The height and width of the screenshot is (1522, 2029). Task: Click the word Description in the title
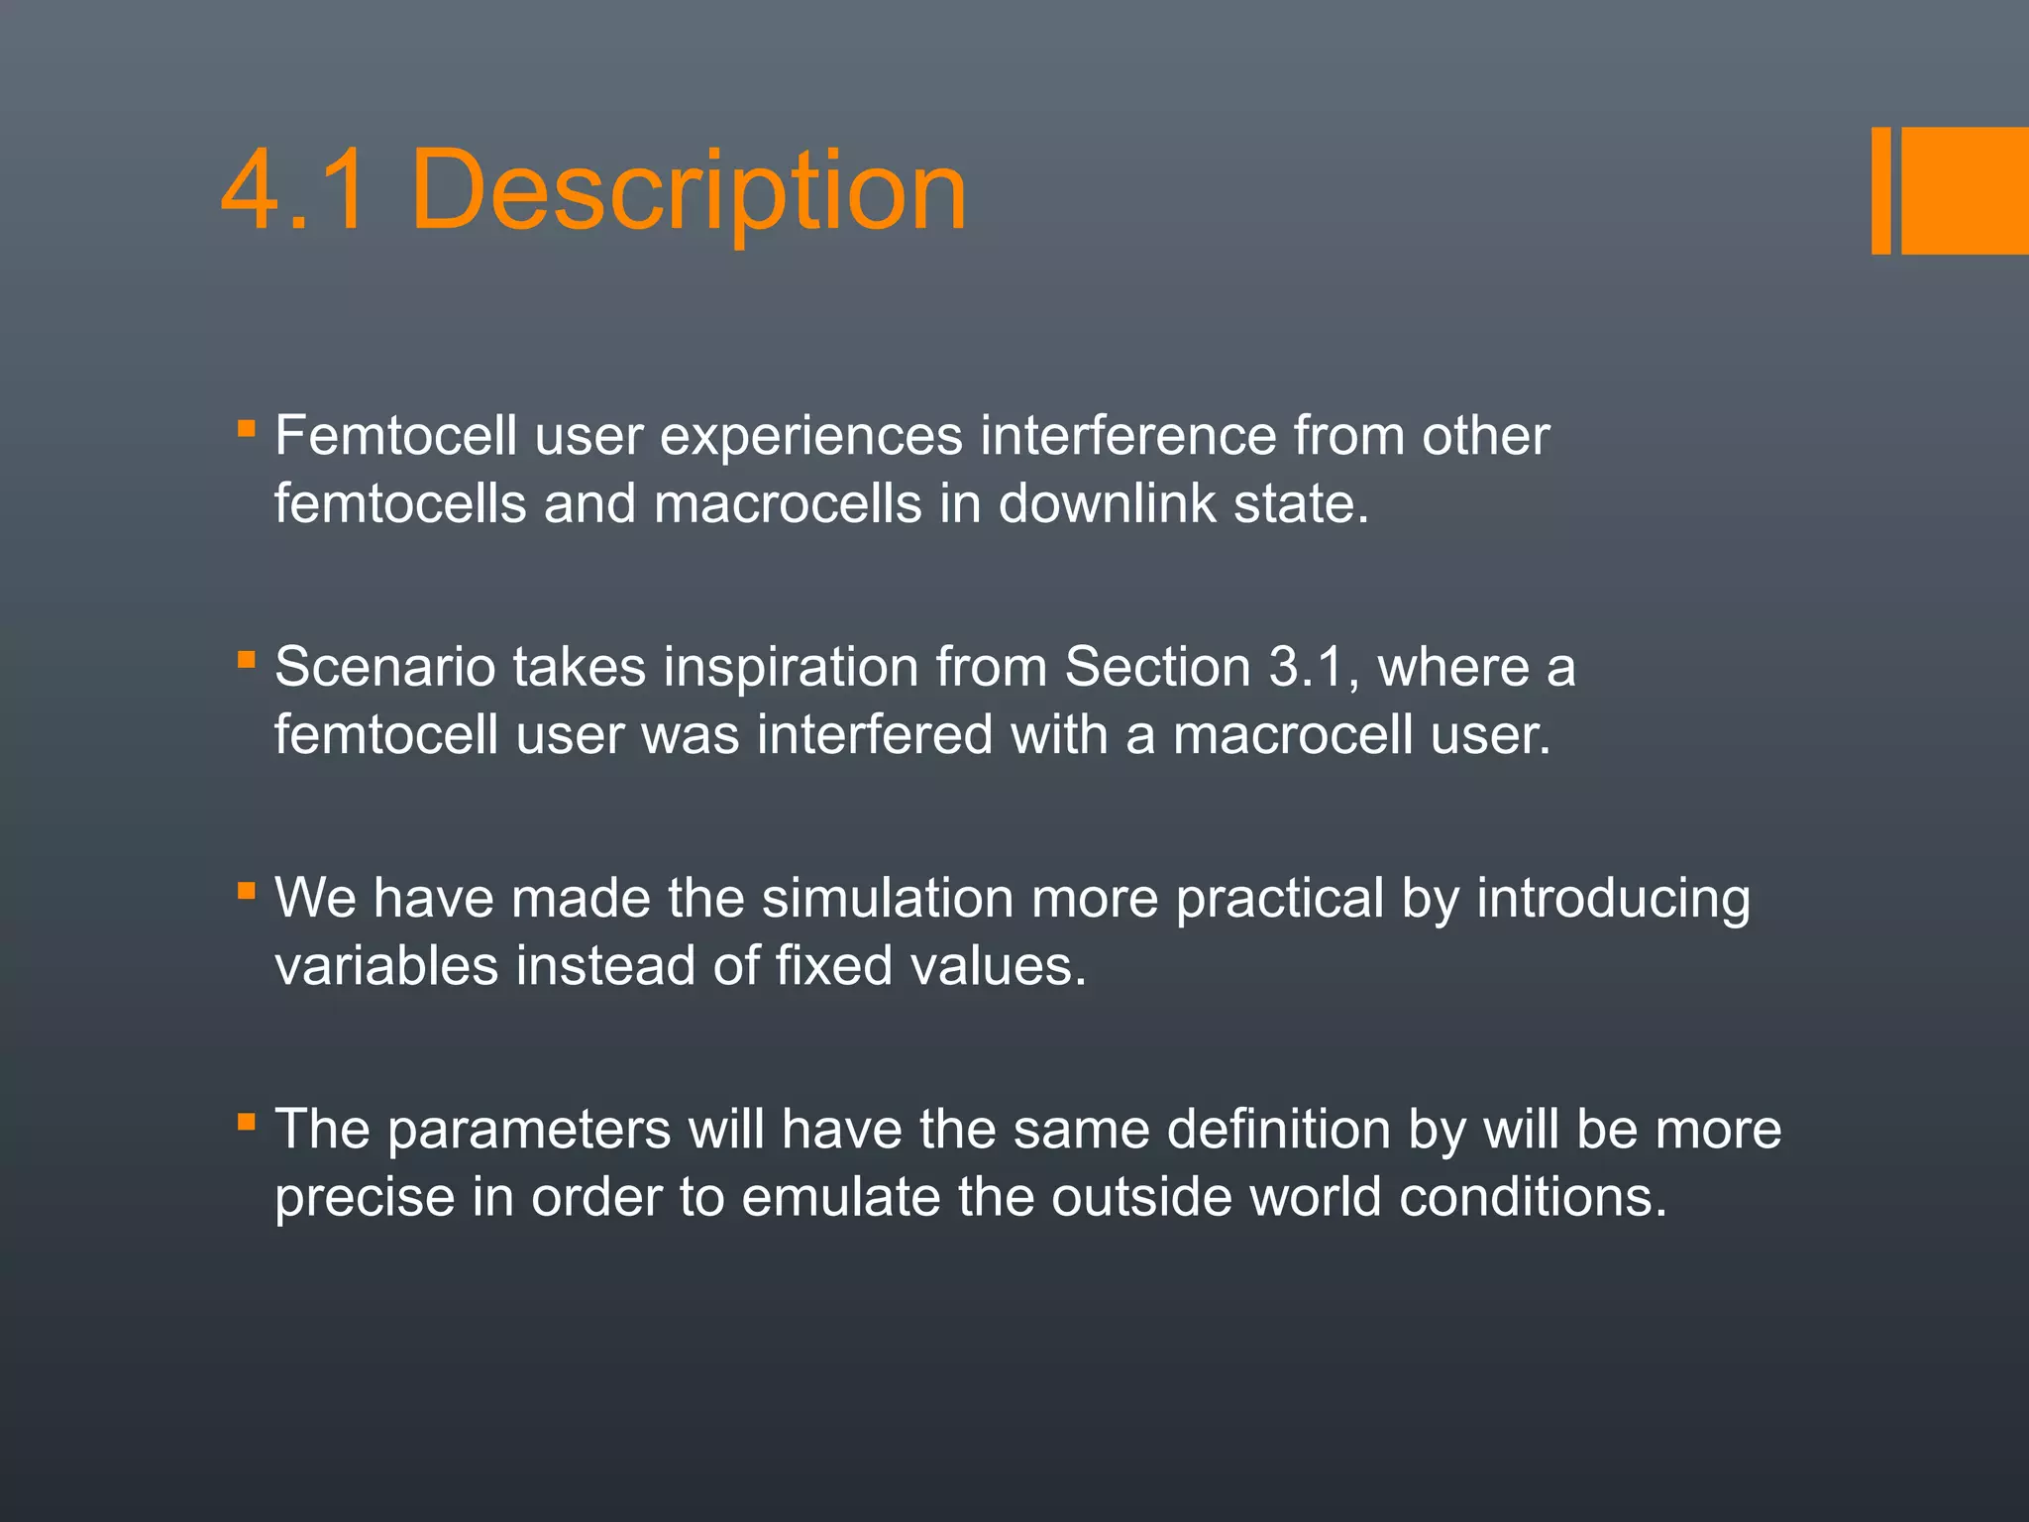click(x=688, y=190)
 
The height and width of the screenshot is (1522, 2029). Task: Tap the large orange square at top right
click(x=1965, y=190)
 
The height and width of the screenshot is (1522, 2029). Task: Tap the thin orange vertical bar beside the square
click(x=1880, y=190)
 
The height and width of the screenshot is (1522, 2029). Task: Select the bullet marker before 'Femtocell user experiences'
click(x=247, y=429)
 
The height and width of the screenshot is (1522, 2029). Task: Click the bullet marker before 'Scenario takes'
click(x=247, y=660)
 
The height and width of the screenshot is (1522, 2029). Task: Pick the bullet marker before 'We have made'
click(x=247, y=891)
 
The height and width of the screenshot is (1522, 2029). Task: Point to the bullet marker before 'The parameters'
click(x=247, y=1123)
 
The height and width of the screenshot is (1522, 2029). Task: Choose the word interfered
click(x=875, y=735)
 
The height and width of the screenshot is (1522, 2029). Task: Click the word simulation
click(x=887, y=899)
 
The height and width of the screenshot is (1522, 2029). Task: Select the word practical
click(x=1279, y=899)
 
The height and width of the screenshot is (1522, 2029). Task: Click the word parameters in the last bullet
click(x=529, y=1131)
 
